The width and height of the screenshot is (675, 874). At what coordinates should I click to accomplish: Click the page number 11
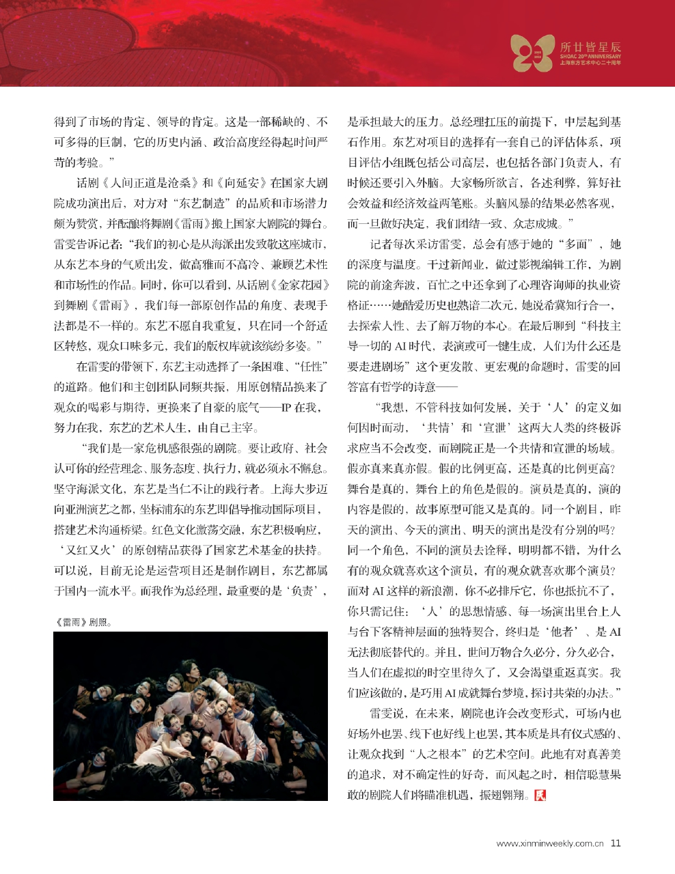616,843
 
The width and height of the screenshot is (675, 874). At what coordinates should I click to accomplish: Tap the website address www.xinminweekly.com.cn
550,843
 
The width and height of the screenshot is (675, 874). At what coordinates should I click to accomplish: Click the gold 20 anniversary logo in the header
532,54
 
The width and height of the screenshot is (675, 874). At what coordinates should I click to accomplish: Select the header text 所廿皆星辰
591,47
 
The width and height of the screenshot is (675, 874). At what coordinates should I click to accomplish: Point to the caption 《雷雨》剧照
82,622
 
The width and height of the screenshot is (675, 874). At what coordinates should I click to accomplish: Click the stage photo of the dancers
191,716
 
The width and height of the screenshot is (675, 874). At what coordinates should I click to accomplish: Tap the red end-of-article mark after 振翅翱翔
542,795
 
